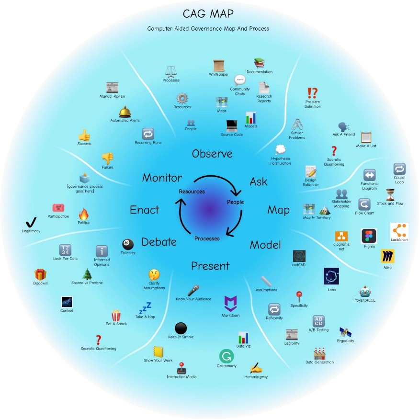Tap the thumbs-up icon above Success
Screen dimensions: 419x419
click(x=84, y=135)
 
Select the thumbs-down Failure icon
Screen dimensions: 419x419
click(x=107, y=158)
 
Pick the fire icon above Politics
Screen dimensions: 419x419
click(x=84, y=214)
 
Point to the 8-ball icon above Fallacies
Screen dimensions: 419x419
click(x=128, y=244)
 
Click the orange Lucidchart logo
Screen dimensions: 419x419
click(x=399, y=232)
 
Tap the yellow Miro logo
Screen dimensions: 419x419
click(x=387, y=257)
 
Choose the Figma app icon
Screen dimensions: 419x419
click(x=369, y=237)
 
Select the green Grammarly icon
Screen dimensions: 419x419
click(x=226, y=356)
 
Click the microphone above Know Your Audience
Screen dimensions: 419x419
click(x=193, y=290)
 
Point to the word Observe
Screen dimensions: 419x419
click(x=212, y=154)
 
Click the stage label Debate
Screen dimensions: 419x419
click(x=159, y=241)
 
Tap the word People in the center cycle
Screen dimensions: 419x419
click(x=235, y=202)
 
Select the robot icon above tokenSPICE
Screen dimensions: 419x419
click(x=365, y=292)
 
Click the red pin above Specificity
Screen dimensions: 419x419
click(x=299, y=295)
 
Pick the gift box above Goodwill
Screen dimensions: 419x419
click(x=40, y=274)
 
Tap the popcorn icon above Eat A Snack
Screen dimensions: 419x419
click(x=116, y=315)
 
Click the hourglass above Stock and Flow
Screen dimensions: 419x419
click(x=390, y=194)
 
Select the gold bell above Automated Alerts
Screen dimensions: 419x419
click(x=125, y=112)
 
